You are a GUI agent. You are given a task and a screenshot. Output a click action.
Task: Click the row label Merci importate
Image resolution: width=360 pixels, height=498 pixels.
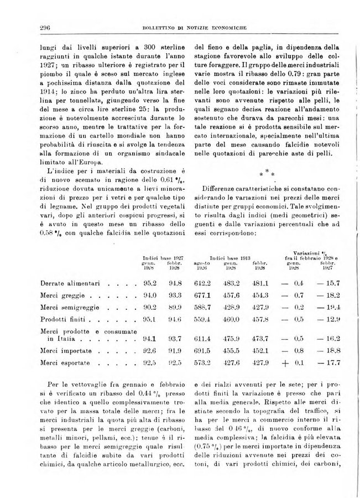coord(65,350)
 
